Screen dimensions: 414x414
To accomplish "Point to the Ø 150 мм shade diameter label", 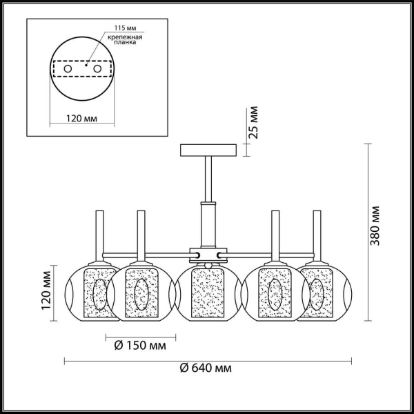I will (141, 346).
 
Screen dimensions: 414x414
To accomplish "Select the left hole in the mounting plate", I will (68, 70).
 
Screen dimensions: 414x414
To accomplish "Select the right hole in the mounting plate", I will (97, 70).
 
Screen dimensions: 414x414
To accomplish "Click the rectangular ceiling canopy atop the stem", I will (208, 150).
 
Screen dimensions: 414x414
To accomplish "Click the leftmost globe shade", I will (90, 290).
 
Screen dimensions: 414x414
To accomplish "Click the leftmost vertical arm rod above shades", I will (99, 235).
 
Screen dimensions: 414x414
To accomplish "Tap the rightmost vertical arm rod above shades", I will (317, 235).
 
